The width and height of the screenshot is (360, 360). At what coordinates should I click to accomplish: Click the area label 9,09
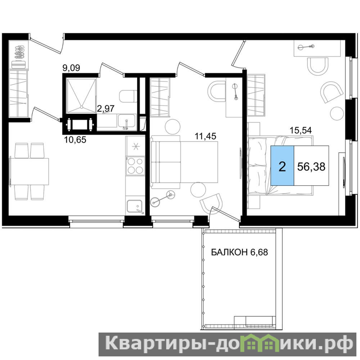click(72, 68)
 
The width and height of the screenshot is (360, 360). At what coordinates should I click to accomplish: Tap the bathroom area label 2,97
click(106, 108)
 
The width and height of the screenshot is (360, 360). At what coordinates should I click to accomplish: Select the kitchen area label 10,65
click(75, 139)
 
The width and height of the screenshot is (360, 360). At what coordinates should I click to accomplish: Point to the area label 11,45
click(205, 136)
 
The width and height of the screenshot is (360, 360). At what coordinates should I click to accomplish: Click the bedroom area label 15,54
click(301, 130)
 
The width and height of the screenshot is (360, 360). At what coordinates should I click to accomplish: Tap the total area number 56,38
click(311, 166)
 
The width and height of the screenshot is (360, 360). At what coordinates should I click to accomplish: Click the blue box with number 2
click(282, 165)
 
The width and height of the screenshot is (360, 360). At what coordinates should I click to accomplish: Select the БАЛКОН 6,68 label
click(239, 252)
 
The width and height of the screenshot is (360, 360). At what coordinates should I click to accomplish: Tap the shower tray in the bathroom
click(81, 96)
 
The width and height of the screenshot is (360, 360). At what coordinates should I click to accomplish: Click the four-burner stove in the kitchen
click(135, 166)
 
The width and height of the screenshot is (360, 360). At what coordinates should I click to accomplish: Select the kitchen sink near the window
click(135, 207)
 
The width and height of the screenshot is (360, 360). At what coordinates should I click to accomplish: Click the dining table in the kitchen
click(29, 171)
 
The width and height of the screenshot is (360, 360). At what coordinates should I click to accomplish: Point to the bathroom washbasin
click(126, 121)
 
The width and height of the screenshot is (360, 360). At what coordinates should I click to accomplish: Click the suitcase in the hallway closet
click(18, 64)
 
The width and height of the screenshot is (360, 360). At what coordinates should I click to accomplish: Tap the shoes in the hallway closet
click(19, 52)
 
